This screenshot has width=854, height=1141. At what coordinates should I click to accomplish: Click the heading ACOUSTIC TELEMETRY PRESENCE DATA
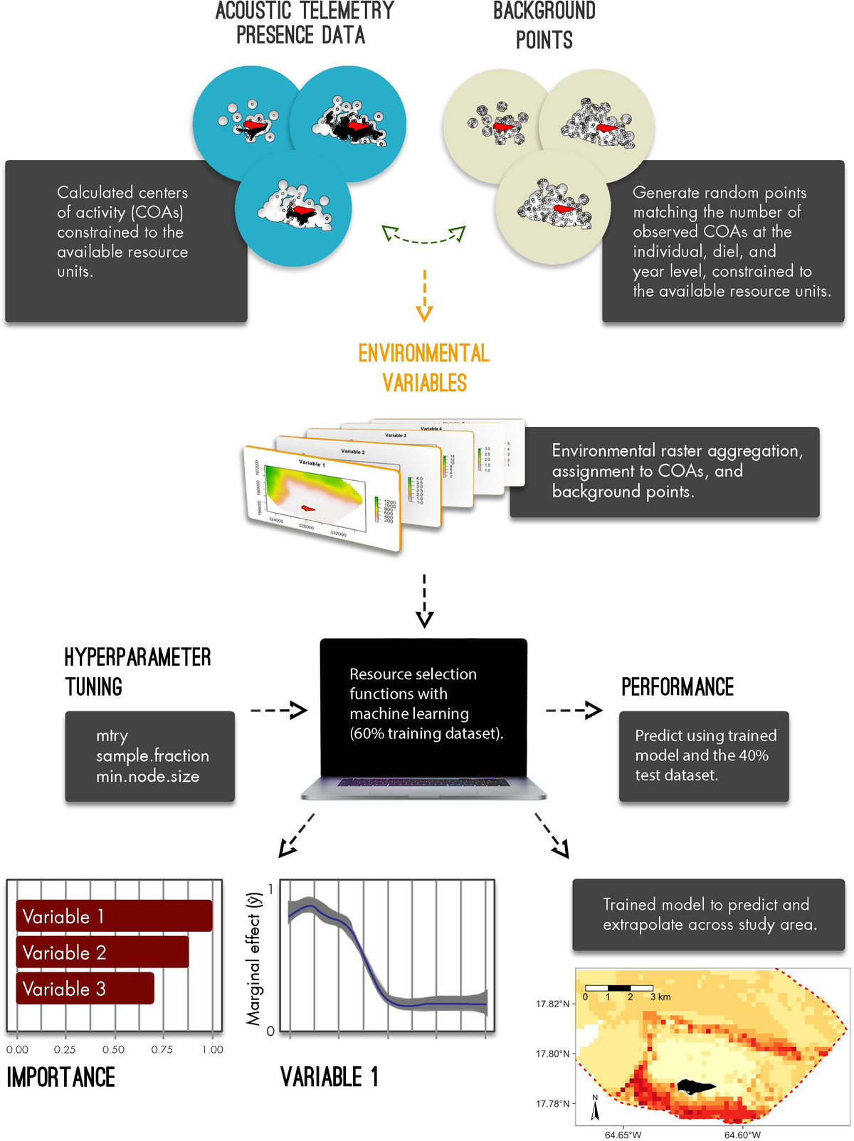[304, 23]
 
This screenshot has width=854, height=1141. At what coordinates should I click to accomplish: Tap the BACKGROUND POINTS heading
[544, 25]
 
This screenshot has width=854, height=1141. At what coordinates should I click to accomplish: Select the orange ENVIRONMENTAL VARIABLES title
[424, 368]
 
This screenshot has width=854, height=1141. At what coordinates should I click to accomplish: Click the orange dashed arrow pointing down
[424, 295]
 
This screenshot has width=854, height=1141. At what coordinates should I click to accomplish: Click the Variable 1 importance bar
[114, 916]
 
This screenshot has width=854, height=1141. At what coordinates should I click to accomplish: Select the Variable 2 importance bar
[102, 952]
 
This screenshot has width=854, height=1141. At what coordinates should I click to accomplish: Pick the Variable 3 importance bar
[85, 989]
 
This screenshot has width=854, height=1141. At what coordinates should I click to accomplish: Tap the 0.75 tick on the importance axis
[162, 1049]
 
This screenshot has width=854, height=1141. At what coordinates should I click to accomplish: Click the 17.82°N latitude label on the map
[553, 1004]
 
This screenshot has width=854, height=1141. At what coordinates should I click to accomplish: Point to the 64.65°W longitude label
[623, 1135]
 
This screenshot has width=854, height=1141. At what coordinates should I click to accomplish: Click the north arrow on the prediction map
[595, 1108]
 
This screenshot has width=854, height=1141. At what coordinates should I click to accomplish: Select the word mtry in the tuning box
[112, 736]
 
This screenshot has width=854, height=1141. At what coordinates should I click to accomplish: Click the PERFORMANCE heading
[677, 687]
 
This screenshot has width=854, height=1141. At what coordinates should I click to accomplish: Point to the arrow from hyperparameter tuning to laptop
[278, 710]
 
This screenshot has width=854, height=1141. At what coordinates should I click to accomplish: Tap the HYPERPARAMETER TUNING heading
[137, 672]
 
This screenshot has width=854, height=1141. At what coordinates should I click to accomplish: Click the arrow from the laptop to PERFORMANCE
[574, 710]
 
